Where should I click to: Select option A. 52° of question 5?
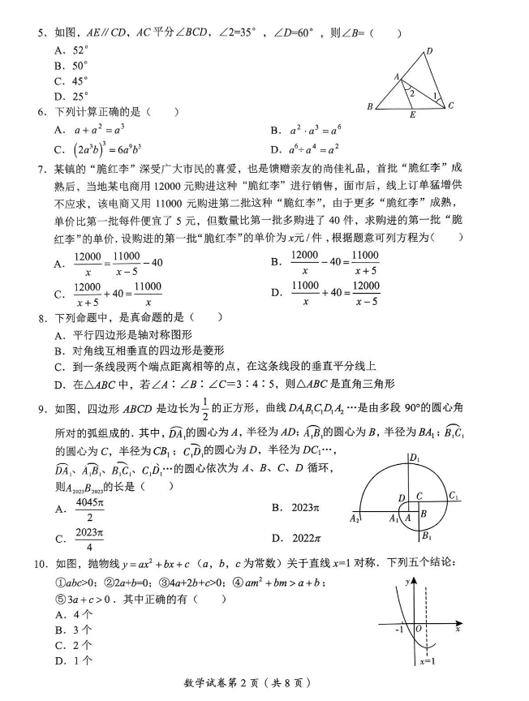tap(71, 49)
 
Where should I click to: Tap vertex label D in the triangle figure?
tap(428, 51)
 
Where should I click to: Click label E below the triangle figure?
tap(412, 115)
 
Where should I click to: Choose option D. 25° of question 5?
tap(71, 96)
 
